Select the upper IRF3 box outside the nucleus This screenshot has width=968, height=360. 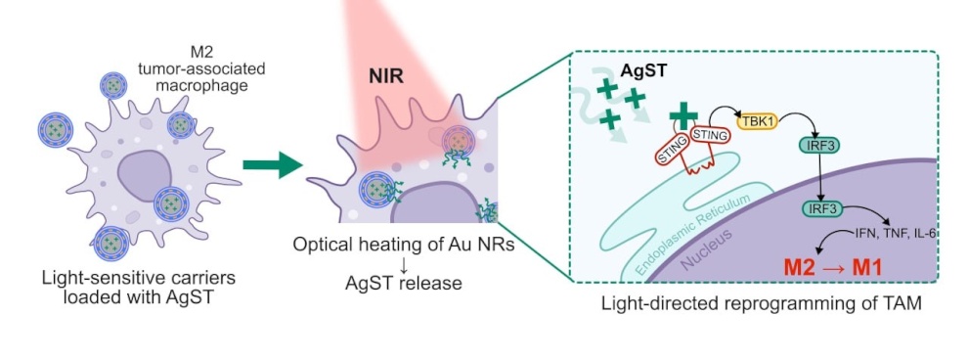tap(819, 147)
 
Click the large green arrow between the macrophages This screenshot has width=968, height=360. tap(272, 164)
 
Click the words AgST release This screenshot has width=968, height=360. tap(404, 284)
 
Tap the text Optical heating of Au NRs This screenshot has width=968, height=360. tap(404, 246)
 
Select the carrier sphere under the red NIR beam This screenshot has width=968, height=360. tap(459, 141)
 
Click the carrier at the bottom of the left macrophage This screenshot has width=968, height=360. tap(111, 244)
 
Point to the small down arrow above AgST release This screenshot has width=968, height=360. tap(403, 265)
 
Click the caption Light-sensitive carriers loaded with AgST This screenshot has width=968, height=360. tap(139, 288)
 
